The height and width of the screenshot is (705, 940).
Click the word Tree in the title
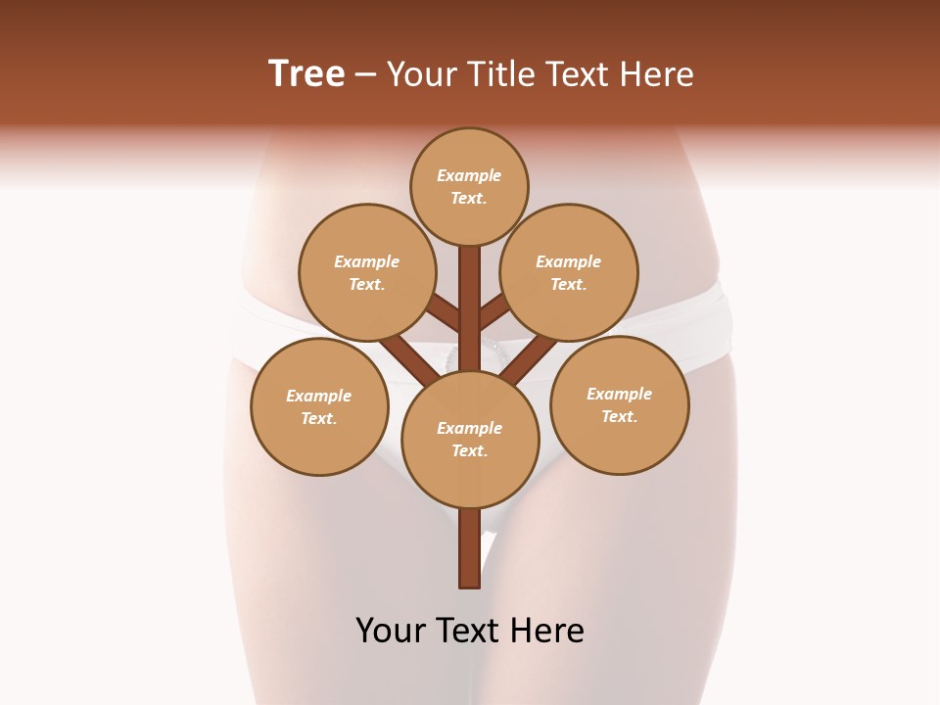[x=306, y=73]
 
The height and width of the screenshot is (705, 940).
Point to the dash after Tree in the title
[x=365, y=74]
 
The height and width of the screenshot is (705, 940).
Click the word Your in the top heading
[x=424, y=73]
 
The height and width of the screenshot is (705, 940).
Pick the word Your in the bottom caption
[x=391, y=631]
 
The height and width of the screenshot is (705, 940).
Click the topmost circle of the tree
[x=469, y=186]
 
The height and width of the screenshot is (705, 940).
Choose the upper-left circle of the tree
[x=366, y=272]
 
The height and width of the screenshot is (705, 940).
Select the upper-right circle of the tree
[x=569, y=272]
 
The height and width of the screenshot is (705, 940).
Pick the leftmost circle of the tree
[x=319, y=406]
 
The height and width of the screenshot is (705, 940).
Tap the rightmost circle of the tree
[x=620, y=404]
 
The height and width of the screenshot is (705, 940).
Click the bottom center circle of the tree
[x=470, y=439]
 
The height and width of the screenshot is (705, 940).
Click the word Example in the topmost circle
[x=469, y=175]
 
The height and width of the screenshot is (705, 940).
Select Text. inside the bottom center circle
[x=470, y=450]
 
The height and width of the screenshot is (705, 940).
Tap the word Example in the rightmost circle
[x=620, y=394]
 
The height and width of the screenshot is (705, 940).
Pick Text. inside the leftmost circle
[x=319, y=418]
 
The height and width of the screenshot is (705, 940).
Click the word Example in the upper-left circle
[x=366, y=261]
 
